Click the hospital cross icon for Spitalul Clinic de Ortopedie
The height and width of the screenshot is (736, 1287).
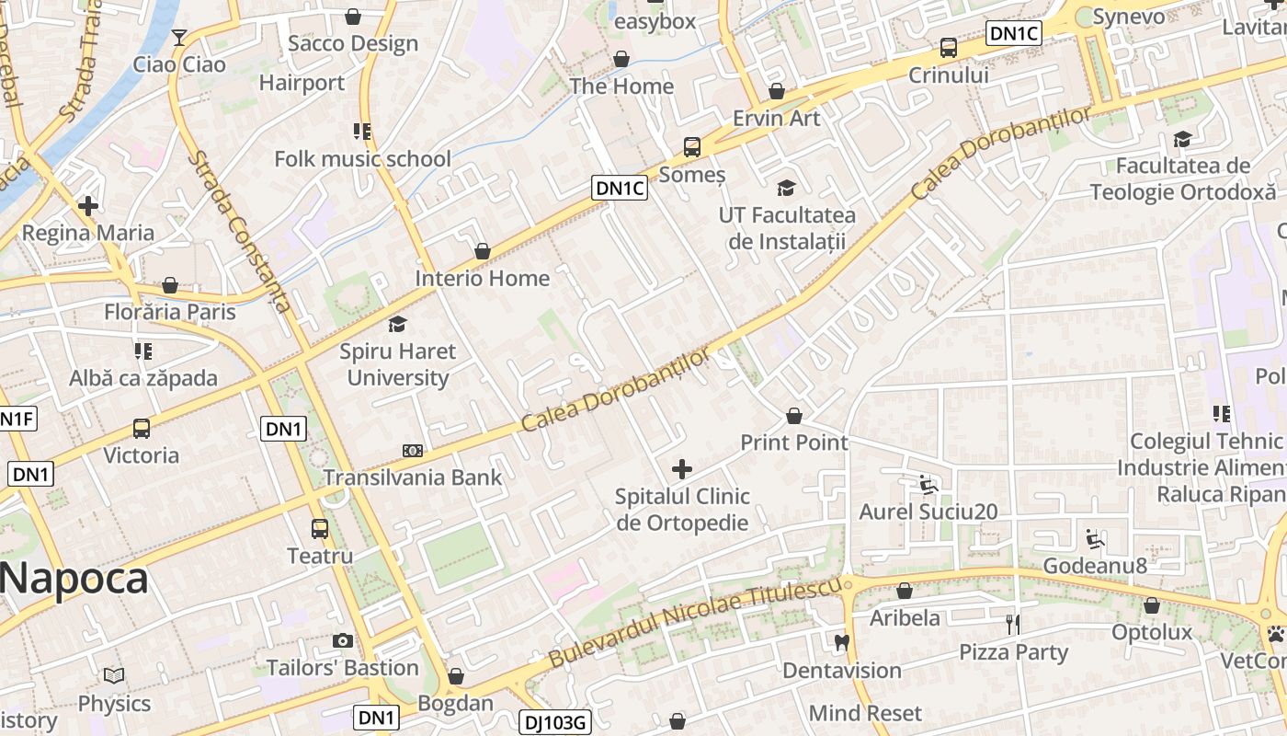(x=682, y=470)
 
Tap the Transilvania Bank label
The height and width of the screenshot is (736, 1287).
(x=413, y=477)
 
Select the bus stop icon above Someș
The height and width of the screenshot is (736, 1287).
(x=691, y=147)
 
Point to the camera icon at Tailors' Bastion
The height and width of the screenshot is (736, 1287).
(x=343, y=640)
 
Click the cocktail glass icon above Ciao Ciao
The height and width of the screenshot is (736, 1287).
(x=179, y=38)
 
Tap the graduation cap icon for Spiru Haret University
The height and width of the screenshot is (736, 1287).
(x=397, y=324)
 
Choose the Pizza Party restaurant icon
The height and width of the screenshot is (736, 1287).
(x=1013, y=625)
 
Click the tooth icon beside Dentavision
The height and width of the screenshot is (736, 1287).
(x=841, y=642)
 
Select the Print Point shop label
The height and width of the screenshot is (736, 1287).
(x=794, y=443)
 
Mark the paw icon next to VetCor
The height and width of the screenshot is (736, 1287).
(x=1276, y=634)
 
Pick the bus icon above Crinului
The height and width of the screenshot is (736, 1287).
(x=948, y=48)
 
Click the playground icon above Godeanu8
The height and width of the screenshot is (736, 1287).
(x=1094, y=538)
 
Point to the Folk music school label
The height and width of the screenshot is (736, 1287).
(x=362, y=159)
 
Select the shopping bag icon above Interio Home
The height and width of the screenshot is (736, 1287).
(x=482, y=251)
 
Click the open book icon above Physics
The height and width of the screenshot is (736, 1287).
(x=114, y=676)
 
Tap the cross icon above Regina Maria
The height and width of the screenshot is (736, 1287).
(x=88, y=206)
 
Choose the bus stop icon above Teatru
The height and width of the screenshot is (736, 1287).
(x=320, y=529)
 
